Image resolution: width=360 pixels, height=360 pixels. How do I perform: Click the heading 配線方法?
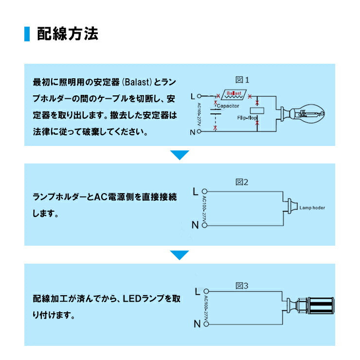(x=68, y=34)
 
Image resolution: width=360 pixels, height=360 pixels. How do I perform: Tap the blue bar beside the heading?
(x=27, y=34)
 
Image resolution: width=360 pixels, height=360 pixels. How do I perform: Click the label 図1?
(x=242, y=80)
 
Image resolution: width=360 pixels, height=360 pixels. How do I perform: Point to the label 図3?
(x=242, y=286)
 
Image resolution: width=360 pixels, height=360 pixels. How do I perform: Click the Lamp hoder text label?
(x=312, y=208)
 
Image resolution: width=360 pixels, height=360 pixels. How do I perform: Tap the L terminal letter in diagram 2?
(x=195, y=192)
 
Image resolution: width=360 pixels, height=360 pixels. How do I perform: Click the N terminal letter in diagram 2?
(x=195, y=225)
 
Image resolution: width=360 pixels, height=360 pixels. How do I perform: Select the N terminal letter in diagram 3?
(x=196, y=324)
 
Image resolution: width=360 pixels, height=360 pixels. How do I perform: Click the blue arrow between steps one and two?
(x=180, y=155)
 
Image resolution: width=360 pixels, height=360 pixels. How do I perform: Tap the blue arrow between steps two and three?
(x=180, y=255)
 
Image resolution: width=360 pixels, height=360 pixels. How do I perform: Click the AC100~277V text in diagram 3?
(x=206, y=308)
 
